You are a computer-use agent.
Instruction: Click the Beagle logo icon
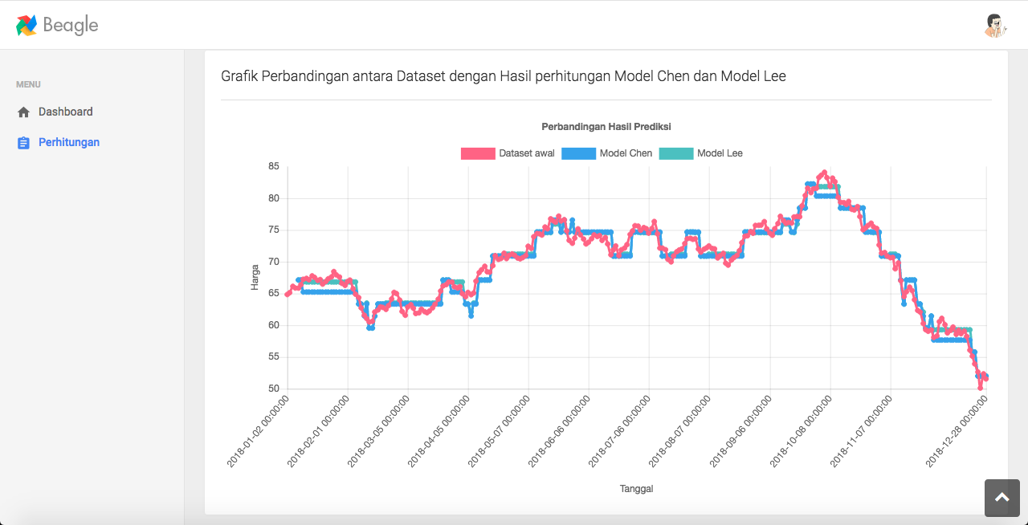pyautogui.click(x=27, y=25)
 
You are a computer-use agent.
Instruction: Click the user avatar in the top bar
pyautogui.click(x=995, y=26)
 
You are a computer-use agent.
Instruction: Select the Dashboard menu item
pyautogui.click(x=65, y=112)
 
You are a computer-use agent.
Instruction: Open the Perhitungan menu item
pyautogui.click(x=69, y=142)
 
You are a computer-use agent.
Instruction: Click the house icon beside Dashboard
pyautogui.click(x=23, y=112)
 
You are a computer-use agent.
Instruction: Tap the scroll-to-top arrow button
pyautogui.click(x=1001, y=498)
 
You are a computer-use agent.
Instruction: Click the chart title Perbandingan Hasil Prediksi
pyautogui.click(x=606, y=127)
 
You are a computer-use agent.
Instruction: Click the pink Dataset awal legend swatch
pyautogui.click(x=477, y=153)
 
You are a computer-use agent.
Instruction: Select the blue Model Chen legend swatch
pyautogui.click(x=578, y=153)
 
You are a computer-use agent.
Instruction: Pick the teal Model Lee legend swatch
pyautogui.click(x=675, y=153)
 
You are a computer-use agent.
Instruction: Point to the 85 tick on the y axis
pyautogui.click(x=274, y=167)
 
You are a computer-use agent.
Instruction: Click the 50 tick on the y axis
pyautogui.click(x=274, y=389)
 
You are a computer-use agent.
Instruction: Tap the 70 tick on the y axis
pyautogui.click(x=274, y=262)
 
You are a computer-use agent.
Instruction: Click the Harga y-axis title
pyautogui.click(x=255, y=277)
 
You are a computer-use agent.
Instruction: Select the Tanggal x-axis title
pyautogui.click(x=636, y=489)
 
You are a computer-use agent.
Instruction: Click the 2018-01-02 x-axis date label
pyautogui.click(x=259, y=431)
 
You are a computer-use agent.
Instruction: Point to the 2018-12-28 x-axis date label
pyautogui.click(x=957, y=431)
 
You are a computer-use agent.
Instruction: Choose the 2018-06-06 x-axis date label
pyautogui.click(x=561, y=431)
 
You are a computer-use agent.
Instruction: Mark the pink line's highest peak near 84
pyautogui.click(x=823, y=173)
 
